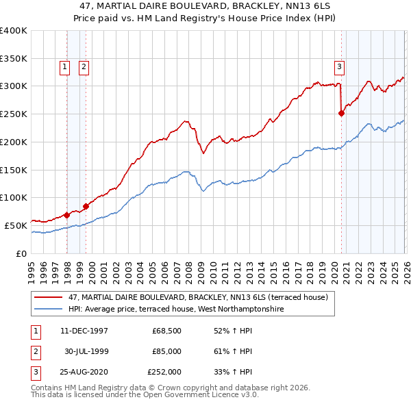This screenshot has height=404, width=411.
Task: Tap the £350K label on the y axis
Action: coord(14,58)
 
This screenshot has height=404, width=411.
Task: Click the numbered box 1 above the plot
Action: coord(64,66)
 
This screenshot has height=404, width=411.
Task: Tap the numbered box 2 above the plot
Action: coord(84,66)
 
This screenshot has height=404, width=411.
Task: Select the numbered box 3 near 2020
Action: coord(339,66)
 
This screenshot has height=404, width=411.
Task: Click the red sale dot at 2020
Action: coord(341,114)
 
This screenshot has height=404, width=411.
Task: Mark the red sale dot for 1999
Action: coord(86,205)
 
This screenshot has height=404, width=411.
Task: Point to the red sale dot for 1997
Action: coord(67,215)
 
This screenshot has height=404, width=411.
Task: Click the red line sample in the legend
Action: coord(49,298)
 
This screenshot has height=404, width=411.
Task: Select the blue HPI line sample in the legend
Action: coord(49,310)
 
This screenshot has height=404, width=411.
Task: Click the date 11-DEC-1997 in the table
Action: coord(84,331)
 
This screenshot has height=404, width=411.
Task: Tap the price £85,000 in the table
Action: coord(166,351)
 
